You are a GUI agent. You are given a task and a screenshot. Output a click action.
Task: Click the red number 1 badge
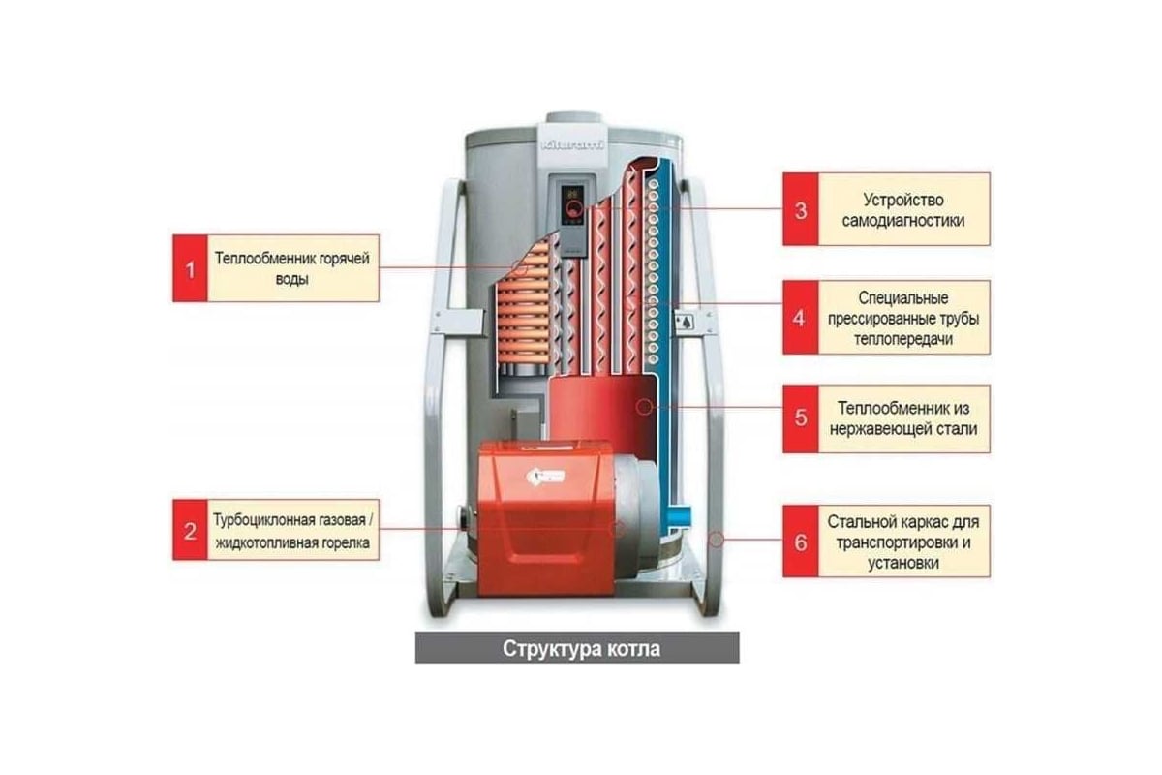tap(190, 270)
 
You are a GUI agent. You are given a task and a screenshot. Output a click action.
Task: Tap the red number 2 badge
tap(190, 531)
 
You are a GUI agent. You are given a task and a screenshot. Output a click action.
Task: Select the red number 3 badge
tap(800, 209)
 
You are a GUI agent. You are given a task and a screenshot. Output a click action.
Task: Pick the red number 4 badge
tap(800, 317)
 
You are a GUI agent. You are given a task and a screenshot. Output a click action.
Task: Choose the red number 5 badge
tap(800, 418)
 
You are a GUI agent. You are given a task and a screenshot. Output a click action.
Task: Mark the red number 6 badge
tap(800, 542)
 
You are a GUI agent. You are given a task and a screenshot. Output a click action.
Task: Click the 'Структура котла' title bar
tap(577, 648)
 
